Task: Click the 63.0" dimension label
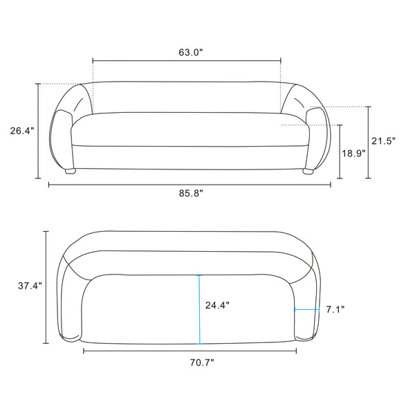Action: [x=191, y=53]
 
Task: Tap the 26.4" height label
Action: [x=22, y=131]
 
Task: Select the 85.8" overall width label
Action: [x=191, y=193]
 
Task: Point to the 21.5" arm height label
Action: [x=383, y=141]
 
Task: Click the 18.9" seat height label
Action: [x=353, y=153]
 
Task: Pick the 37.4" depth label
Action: [x=30, y=286]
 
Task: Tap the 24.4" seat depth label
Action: [x=217, y=305]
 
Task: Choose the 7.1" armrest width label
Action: [x=335, y=309]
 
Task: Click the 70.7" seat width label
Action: [x=202, y=362]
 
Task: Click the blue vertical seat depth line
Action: [x=199, y=310]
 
